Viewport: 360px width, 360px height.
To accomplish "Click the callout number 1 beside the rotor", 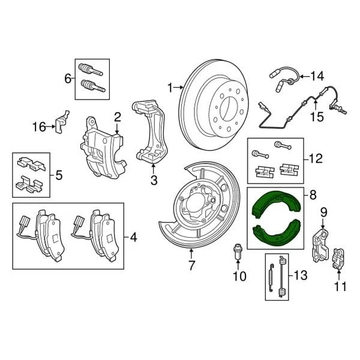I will [170, 88].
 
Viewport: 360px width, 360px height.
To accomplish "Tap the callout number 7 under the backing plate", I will [191, 264].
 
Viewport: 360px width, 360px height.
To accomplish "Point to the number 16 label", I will [39, 127].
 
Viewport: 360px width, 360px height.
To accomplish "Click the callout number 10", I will [239, 276].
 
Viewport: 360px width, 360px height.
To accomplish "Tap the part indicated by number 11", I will [340, 257].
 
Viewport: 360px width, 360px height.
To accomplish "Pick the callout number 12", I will [315, 159].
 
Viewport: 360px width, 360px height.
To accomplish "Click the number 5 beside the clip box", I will [59, 175].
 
